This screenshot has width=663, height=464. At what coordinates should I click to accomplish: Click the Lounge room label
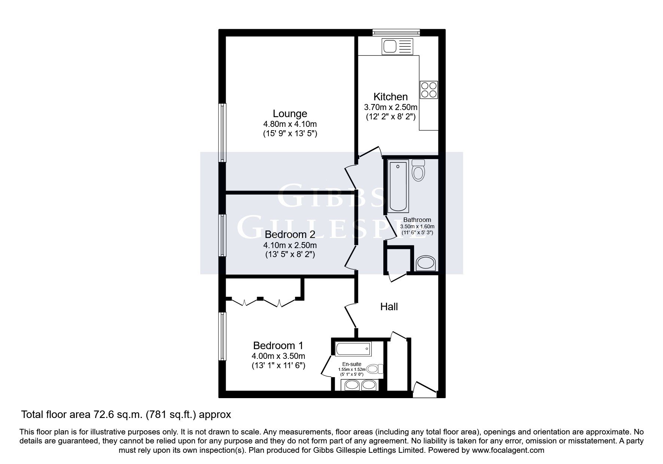coord(290,113)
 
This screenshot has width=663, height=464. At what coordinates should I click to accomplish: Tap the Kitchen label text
coord(390,97)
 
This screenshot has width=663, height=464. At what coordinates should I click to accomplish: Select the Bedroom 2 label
coord(290,235)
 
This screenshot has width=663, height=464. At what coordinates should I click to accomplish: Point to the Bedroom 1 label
coord(278,345)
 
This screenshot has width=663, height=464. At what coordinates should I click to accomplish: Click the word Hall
coord(389,307)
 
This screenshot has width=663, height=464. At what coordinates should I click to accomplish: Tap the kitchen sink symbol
coord(397,46)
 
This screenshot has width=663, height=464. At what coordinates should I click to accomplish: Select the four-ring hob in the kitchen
coord(429,90)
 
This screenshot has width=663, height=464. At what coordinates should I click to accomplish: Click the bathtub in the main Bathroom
coord(398,186)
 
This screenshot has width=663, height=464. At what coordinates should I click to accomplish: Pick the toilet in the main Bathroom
coord(418,170)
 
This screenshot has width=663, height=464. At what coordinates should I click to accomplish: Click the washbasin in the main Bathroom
coord(426,263)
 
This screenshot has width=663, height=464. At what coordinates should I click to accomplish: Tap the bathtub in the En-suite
coord(353,349)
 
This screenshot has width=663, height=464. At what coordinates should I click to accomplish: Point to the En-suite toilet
coord(375,369)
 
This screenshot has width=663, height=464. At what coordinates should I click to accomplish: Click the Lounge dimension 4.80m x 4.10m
coord(290,124)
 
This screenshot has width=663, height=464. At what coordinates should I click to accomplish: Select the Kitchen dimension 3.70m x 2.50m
coord(390,107)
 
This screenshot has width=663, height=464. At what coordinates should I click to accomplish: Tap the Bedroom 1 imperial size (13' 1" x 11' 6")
coord(278,366)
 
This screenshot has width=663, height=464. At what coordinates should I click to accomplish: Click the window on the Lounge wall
coord(223,133)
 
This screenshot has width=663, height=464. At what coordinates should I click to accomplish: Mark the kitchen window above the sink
coord(396,33)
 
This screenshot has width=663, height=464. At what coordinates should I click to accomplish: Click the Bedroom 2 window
coord(223,235)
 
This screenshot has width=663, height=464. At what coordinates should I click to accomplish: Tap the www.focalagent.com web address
coord(508,450)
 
